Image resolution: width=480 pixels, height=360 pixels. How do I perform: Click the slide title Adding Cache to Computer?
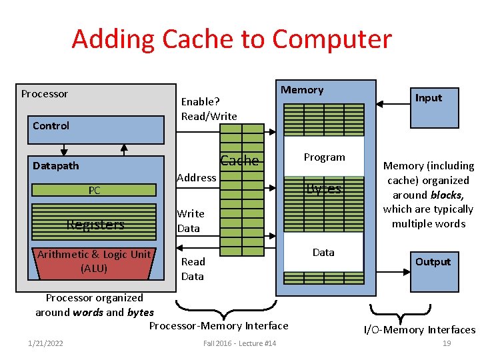231,39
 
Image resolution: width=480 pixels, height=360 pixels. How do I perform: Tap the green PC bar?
95,191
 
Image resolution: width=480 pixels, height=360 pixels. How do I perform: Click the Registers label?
95,225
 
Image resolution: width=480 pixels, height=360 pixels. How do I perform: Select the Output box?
434,262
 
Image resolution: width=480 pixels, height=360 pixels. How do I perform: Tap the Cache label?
239,161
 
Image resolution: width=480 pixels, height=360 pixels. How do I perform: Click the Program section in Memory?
324,157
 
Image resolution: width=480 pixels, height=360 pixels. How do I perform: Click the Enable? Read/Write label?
209,109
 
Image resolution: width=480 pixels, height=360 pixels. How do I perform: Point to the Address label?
196,177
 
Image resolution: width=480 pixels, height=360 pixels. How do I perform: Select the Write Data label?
190,221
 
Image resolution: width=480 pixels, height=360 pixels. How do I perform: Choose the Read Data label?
193,269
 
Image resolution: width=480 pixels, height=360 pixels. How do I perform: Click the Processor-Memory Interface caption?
219,326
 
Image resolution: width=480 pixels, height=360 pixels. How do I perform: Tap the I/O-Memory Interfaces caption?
419,329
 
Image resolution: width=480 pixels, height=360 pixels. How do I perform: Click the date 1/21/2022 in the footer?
45,343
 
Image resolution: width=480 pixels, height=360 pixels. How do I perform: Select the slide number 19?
447,343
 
